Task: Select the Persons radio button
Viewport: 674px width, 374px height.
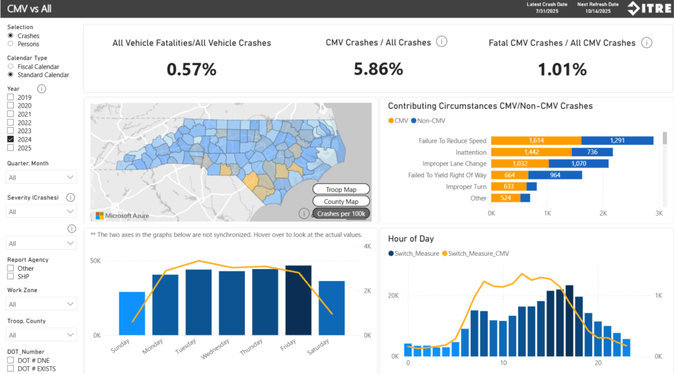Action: [x=10, y=44]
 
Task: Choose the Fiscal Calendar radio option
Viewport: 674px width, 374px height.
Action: [x=10, y=66]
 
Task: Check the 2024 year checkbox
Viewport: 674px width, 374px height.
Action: [x=10, y=139]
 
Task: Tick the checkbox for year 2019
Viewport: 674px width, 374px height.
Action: [x=10, y=97]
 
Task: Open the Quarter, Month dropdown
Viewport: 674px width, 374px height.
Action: [x=42, y=177]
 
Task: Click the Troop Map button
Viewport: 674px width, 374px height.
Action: [x=341, y=190]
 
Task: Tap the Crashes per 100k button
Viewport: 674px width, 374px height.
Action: [x=341, y=214]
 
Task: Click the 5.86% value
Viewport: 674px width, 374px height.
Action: [x=378, y=69]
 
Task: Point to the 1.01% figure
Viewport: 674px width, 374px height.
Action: [x=562, y=69]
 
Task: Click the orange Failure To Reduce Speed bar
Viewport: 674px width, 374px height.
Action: [x=536, y=140]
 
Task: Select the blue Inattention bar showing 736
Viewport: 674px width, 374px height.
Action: [x=592, y=152]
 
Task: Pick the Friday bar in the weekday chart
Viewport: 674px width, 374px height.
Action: [x=299, y=300]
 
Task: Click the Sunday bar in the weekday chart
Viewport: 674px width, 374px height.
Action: [x=132, y=314]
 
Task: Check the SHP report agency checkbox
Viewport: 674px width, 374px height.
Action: [x=10, y=277]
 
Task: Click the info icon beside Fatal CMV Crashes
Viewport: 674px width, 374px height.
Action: [x=647, y=42]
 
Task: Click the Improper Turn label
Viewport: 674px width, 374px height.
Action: [x=466, y=187]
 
